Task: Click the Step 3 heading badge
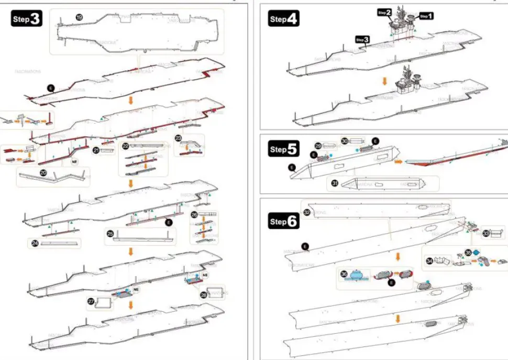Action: [27, 19]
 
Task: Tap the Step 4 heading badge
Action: [284, 19]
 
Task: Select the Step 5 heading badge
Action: [284, 149]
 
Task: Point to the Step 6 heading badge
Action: [284, 221]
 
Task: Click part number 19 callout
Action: [79, 17]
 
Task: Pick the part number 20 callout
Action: [43, 172]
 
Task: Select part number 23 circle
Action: [179, 138]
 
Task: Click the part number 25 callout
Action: [110, 233]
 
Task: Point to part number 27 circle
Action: [91, 301]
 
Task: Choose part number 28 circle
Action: [203, 295]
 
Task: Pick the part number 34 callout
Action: [429, 260]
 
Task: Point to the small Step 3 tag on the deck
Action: [362, 39]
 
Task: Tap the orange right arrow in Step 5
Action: [399, 162]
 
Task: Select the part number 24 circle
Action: [35, 243]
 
